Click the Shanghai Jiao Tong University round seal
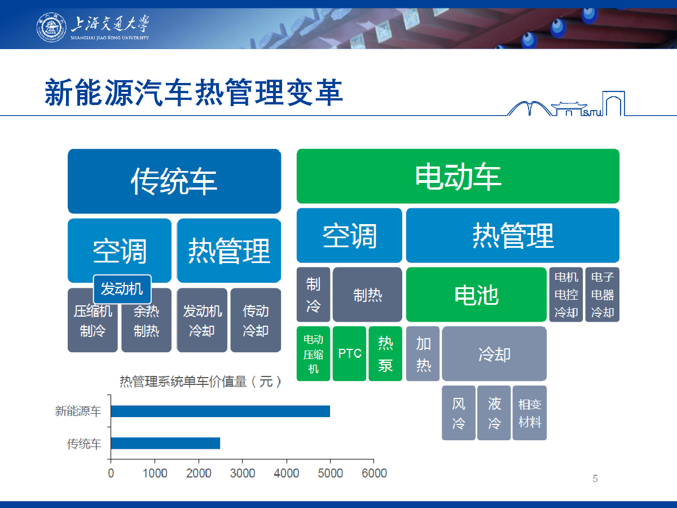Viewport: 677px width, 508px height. tap(51, 28)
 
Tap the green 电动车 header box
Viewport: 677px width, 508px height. tap(458, 176)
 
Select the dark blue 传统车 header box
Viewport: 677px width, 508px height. tap(174, 181)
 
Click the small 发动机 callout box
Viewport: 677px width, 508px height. tap(122, 289)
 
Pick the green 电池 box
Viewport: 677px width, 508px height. tap(476, 295)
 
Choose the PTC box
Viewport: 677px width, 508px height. tap(349, 353)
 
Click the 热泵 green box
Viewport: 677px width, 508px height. tap(385, 353)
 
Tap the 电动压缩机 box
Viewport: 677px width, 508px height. tap(313, 353)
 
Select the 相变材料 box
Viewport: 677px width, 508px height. tap(530, 413)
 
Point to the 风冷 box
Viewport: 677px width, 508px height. tap(459, 413)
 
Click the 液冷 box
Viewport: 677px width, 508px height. tap(494, 413)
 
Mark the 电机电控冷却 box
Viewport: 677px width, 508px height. tap(566, 295)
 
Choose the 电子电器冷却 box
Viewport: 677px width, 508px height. tap(603, 295)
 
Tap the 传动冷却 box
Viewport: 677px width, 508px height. tap(256, 320)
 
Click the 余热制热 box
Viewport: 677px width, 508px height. tap(146, 320)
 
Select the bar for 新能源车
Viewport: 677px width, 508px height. tap(220, 411)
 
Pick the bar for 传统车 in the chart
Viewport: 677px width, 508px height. tap(165, 443)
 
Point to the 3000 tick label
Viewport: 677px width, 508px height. tap(243, 473)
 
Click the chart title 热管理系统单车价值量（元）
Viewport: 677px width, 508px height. tap(200, 382)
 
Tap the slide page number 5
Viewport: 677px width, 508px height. tap(595, 479)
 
